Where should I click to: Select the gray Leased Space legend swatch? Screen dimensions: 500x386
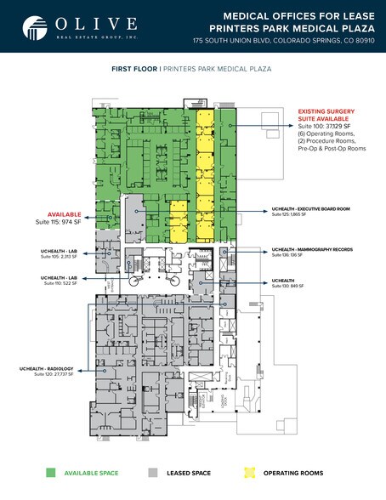154,472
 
